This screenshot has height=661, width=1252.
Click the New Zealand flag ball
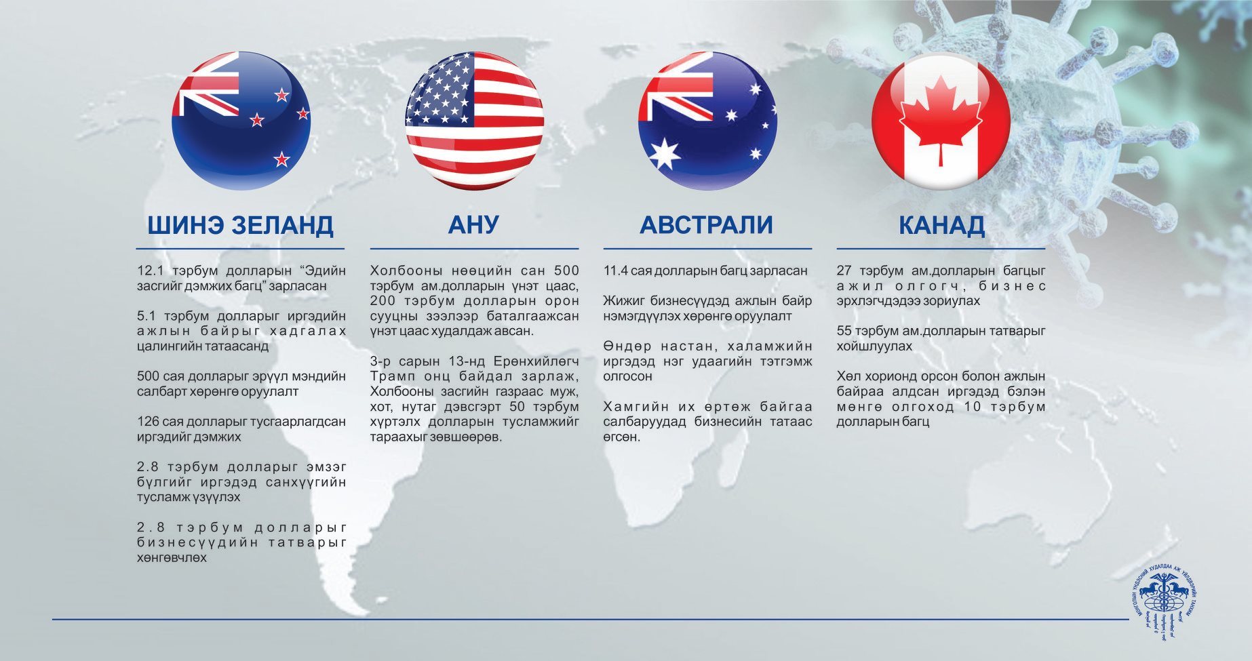[x=241, y=121]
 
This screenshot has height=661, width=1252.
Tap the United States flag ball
[x=474, y=121]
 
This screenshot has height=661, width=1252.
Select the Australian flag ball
[x=707, y=121]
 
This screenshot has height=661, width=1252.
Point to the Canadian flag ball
[x=941, y=121]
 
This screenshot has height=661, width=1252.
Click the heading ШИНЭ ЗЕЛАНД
[x=241, y=225]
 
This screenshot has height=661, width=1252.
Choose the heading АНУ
[x=474, y=225]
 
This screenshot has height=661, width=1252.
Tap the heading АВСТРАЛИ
[x=707, y=225]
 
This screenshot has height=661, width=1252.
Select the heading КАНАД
[x=941, y=225]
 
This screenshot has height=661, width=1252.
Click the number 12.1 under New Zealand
[x=150, y=271]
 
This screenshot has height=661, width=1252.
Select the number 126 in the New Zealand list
[x=148, y=422]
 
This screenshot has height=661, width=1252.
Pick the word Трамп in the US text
[x=393, y=376]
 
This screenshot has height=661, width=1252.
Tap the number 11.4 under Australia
[x=615, y=271]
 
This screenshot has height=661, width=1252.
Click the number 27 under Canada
[x=844, y=271]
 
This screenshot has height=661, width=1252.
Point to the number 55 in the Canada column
[x=844, y=332]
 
